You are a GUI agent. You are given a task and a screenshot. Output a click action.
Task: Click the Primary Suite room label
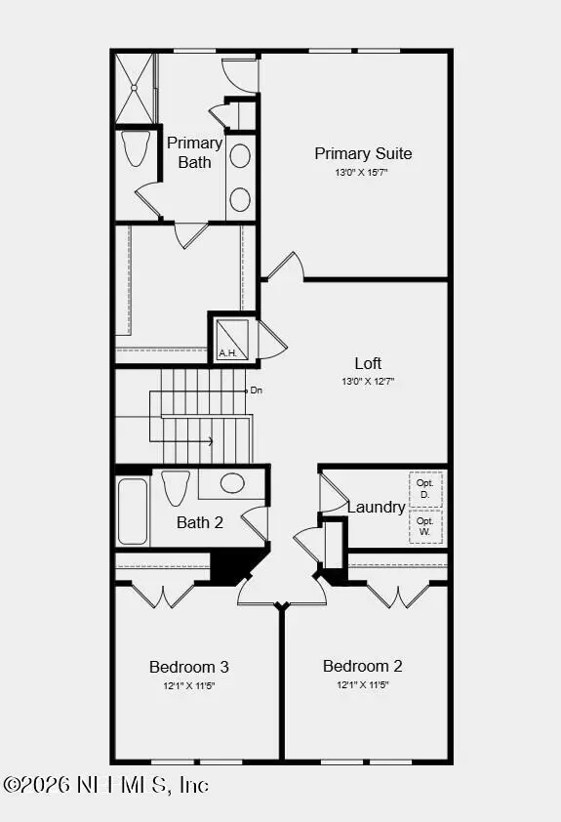click(363, 153)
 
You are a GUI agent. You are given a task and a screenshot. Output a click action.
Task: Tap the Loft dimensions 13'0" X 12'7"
click(368, 381)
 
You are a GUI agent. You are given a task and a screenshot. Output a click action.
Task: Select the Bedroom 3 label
click(189, 667)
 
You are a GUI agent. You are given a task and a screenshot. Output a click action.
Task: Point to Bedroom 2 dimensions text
click(363, 684)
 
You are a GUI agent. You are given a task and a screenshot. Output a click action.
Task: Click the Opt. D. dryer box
click(425, 488)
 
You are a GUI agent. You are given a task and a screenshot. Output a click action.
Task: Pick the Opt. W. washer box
click(425, 526)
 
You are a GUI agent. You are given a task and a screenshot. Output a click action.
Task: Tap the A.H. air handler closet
click(232, 339)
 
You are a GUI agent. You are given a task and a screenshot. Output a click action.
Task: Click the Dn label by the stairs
click(257, 390)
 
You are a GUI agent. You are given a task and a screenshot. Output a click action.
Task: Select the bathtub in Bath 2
click(133, 512)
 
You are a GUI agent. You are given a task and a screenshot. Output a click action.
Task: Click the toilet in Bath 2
click(176, 487)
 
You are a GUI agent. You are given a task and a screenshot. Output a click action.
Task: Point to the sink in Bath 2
click(232, 483)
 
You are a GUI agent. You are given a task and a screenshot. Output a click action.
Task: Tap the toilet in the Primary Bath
click(136, 148)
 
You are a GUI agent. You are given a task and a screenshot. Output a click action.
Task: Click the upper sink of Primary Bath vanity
click(240, 156)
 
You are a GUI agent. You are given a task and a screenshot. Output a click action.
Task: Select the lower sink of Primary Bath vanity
click(240, 199)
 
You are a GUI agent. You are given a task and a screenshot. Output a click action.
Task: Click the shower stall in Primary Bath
click(135, 88)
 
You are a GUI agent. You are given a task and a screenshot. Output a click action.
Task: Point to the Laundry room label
click(376, 507)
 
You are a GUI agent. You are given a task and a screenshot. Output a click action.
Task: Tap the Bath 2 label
click(200, 522)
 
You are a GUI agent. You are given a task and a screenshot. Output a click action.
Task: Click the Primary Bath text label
click(195, 152)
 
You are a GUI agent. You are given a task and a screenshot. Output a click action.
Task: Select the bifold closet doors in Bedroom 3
click(163, 596)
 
